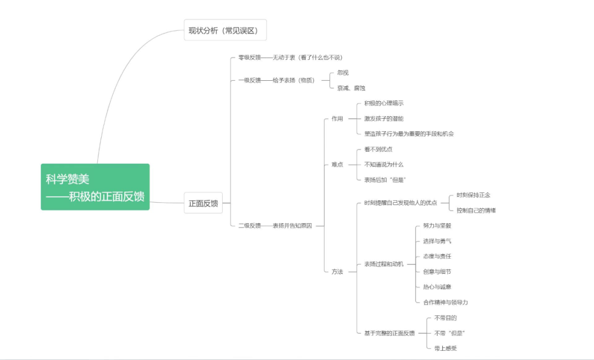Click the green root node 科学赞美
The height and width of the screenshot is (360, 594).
click(95, 187)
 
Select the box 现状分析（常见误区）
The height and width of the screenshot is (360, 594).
click(225, 30)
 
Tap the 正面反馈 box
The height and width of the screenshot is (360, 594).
click(203, 203)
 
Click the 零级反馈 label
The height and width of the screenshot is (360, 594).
click(250, 58)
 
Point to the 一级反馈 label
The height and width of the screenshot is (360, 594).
click(250, 80)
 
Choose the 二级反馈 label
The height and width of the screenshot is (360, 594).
click(250, 225)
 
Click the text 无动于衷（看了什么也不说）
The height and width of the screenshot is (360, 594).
click(307, 58)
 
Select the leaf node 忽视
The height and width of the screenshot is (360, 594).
click(343, 73)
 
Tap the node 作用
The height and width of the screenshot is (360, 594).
click(337, 119)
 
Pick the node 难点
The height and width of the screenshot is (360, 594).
click(337, 164)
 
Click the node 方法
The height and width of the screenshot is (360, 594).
click(337, 272)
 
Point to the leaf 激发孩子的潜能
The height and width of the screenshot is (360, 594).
click(384, 119)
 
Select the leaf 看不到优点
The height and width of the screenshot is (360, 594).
click(378, 149)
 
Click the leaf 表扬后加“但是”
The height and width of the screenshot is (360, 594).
click(385, 180)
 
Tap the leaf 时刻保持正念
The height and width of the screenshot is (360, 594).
click(473, 195)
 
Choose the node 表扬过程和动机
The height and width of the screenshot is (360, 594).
click(384, 264)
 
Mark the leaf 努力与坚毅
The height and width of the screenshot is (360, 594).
click(437, 225)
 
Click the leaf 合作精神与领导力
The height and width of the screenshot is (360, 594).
click(446, 302)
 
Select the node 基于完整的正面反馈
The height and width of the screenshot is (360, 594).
click(389, 333)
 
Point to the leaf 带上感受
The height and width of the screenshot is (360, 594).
click(446, 348)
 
